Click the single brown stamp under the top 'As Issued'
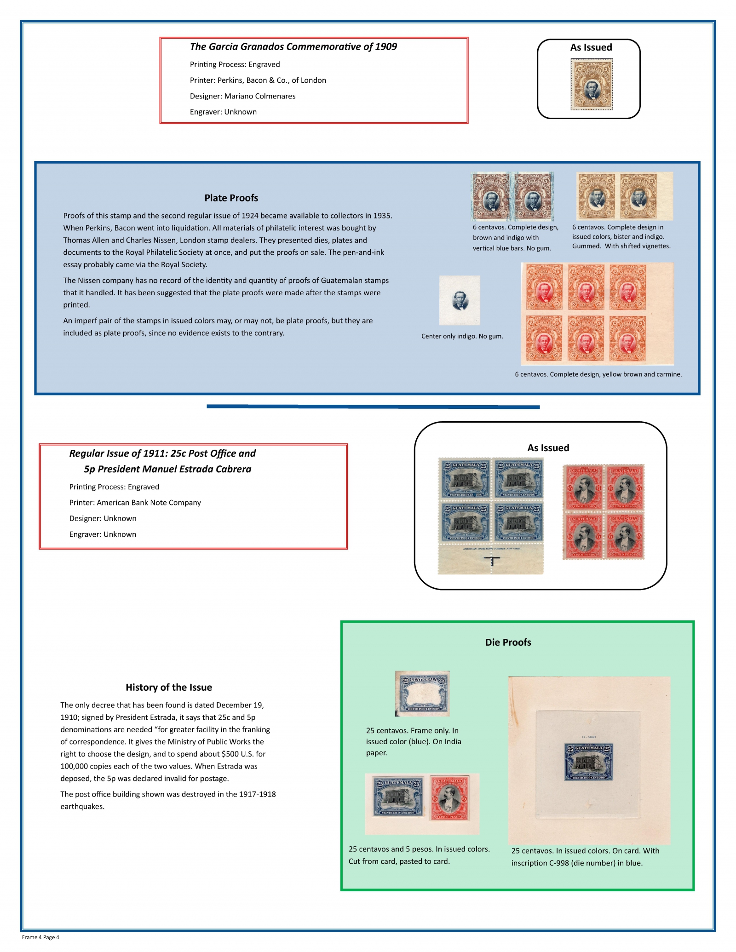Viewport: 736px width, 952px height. pyautogui.click(x=592, y=84)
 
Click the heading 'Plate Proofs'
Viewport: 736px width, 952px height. pyautogui.click(x=231, y=198)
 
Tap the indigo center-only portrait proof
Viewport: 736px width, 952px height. pyautogui.click(x=460, y=300)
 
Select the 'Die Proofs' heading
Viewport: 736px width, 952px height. pyautogui.click(x=508, y=642)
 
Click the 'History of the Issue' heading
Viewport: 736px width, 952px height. pyautogui.click(x=169, y=687)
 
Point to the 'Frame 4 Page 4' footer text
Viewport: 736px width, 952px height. pyautogui.click(x=40, y=937)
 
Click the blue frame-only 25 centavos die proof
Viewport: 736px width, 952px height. pyautogui.click(x=422, y=693)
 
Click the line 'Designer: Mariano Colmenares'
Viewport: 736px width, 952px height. pyautogui.click(x=242, y=96)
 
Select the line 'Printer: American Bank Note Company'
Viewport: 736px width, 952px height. pyautogui.click(x=135, y=503)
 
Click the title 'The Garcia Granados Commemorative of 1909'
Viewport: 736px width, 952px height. pyautogui.click(x=293, y=46)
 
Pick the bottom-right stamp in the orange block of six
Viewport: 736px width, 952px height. pyautogui.click(x=627, y=339)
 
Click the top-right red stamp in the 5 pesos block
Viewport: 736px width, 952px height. pyautogui.click(x=624, y=487)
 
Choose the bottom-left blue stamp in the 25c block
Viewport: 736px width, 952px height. pyautogui.click(x=465, y=522)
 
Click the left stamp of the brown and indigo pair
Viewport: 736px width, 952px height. pyautogui.click(x=491, y=197)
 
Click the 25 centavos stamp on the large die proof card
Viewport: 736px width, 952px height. pyautogui.click(x=588, y=762)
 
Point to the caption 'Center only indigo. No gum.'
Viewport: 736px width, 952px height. pyautogui.click(x=462, y=336)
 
